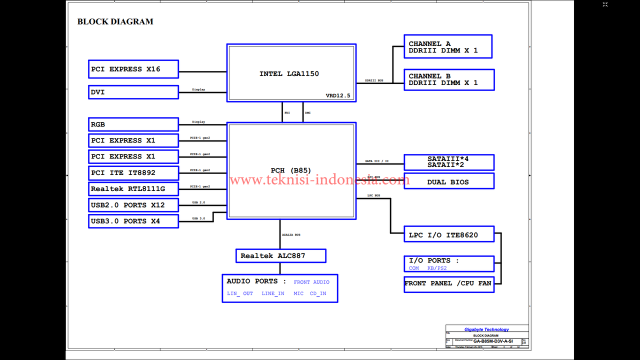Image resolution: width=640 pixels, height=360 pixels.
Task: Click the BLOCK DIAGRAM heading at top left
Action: (x=115, y=21)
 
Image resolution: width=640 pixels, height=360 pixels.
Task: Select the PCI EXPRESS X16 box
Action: (x=133, y=69)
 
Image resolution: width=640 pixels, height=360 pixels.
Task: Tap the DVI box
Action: (x=133, y=92)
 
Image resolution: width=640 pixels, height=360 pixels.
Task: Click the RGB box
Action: (x=133, y=124)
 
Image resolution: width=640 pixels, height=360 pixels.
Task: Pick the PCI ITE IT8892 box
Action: (x=133, y=173)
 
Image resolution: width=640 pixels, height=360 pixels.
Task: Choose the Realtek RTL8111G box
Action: (x=133, y=189)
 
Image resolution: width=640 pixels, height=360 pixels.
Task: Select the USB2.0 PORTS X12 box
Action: (x=133, y=205)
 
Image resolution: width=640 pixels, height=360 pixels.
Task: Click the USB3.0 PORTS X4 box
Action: (x=133, y=221)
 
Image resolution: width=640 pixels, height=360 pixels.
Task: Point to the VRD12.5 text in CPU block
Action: (x=338, y=95)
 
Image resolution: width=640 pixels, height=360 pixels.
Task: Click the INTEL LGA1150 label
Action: (x=289, y=74)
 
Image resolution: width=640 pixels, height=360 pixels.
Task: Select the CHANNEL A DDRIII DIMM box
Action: (x=448, y=46)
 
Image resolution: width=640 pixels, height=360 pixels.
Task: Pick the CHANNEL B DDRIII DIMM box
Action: (x=449, y=79)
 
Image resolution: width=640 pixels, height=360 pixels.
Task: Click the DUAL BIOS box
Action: (x=448, y=181)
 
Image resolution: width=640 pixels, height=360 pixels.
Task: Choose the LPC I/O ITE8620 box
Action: (x=449, y=234)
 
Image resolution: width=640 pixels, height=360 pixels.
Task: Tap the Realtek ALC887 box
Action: (x=280, y=256)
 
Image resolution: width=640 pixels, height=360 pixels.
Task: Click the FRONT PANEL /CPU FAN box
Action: (x=448, y=283)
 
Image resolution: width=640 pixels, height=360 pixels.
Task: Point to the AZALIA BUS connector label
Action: (x=291, y=234)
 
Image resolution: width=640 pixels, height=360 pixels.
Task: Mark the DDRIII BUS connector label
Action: (x=374, y=80)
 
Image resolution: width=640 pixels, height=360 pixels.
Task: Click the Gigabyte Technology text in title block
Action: (x=486, y=329)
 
